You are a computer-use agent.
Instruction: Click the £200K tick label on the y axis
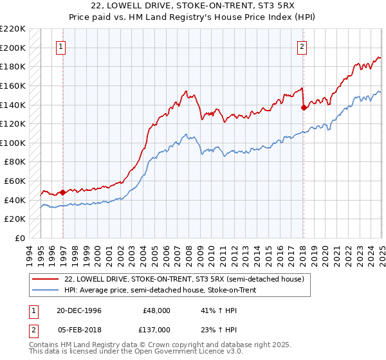(x=13, y=48)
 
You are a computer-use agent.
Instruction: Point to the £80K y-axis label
(x=15, y=162)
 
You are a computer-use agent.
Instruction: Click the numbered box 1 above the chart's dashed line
(x=60, y=46)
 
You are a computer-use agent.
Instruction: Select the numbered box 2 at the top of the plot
(x=302, y=46)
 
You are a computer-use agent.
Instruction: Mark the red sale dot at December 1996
(x=63, y=192)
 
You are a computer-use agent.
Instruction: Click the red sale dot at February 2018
(x=304, y=107)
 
